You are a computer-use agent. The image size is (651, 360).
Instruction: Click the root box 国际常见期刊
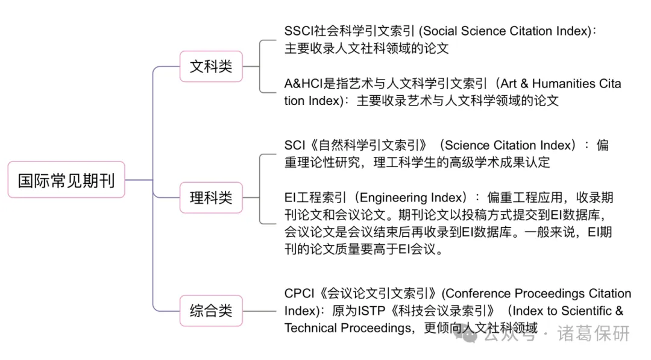tap(66, 180)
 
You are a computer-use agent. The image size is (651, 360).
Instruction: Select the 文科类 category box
tap(211, 66)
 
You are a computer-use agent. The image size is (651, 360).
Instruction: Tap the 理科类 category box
tap(211, 198)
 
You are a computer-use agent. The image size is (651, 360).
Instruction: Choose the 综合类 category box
tap(211, 311)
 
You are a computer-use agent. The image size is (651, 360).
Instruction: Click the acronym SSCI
tap(299, 31)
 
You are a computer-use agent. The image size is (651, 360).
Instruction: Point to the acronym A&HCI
tap(303, 84)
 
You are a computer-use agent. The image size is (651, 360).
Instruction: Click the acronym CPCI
tap(300, 294)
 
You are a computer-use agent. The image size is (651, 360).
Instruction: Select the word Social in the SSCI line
tap(440, 31)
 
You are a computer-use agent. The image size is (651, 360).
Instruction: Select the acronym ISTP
tap(371, 311)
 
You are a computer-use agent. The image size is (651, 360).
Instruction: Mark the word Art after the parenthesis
tap(508, 84)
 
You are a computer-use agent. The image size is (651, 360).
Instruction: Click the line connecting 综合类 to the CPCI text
tap(259, 311)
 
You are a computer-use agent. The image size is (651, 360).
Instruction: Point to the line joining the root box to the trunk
tap(139, 180)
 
